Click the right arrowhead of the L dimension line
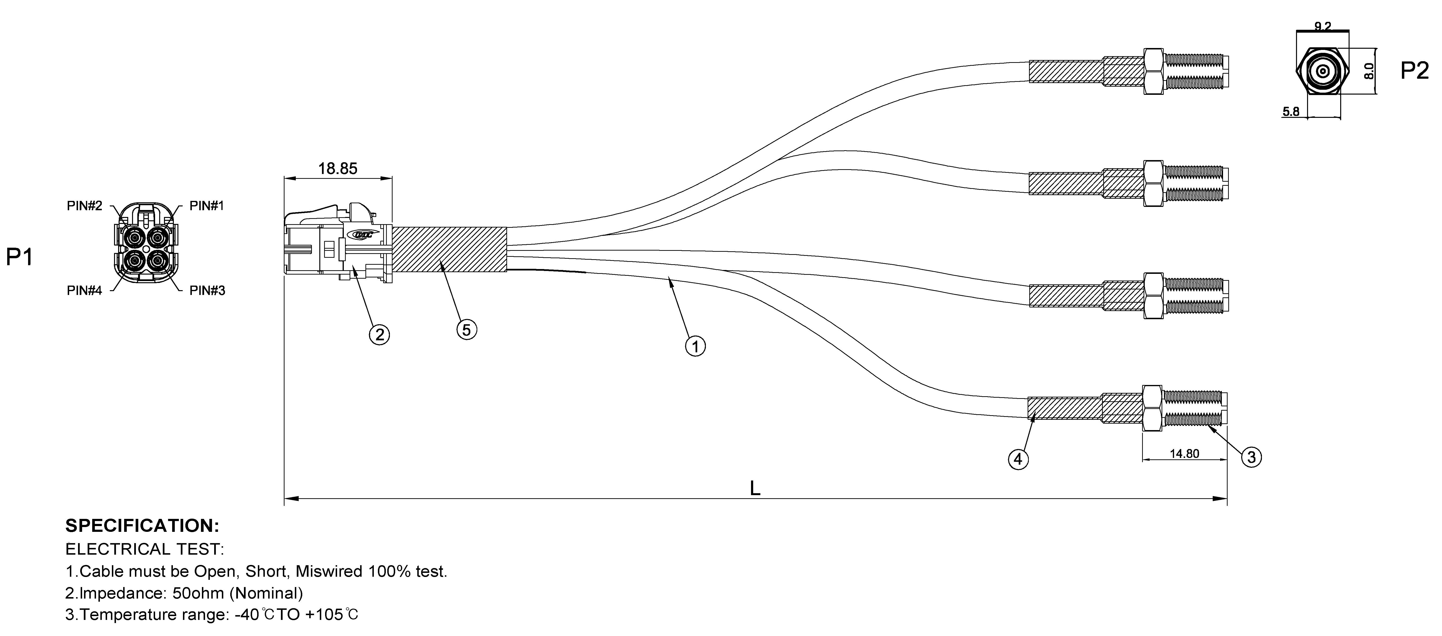pyautogui.click(x=1226, y=498)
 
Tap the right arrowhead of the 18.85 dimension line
pyautogui.click(x=391, y=179)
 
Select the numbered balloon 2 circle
pyautogui.click(x=380, y=335)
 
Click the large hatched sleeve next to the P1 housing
pyautogui.click(x=449, y=249)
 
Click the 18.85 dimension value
pyautogui.click(x=338, y=168)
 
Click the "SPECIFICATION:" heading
pyautogui.click(x=142, y=526)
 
